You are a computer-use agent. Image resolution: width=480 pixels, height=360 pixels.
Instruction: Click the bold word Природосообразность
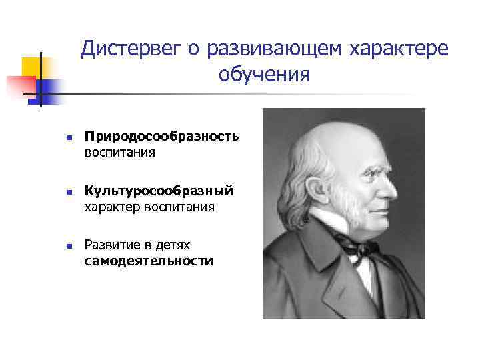pyautogui.click(x=161, y=137)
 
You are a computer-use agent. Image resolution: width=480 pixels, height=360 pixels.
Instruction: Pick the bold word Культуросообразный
pyautogui.click(x=159, y=191)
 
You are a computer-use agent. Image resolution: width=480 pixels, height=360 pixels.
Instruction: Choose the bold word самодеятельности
pyautogui.click(x=149, y=261)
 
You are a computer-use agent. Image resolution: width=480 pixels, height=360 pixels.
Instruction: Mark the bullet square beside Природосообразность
pyautogui.click(x=60, y=138)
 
